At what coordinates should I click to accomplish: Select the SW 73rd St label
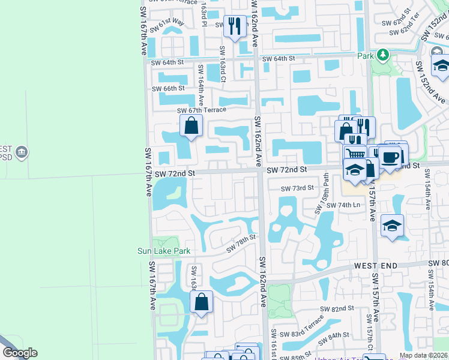pos(298,188)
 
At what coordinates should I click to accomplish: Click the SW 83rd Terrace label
pos(306,329)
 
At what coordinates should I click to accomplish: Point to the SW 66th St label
pos(169,88)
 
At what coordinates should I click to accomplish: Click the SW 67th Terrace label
pos(202,110)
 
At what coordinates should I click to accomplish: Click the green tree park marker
pos(382,56)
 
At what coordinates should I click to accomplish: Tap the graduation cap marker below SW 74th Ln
pos(392,226)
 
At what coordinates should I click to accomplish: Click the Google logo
pos(20,353)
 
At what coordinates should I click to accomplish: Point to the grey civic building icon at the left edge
pos(22,151)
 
